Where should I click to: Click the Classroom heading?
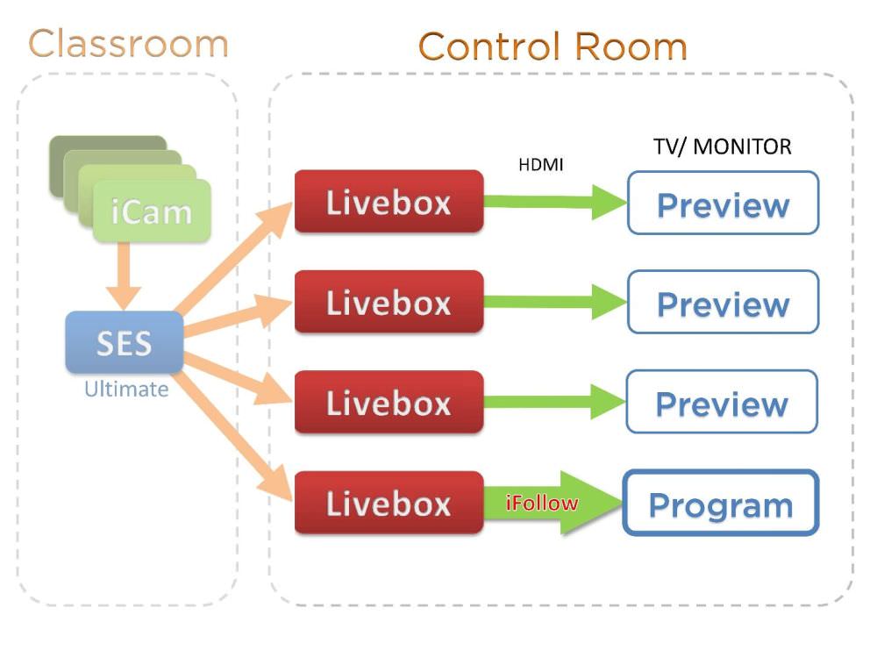tap(128, 44)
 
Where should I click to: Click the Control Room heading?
tap(553, 46)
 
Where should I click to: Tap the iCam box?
tap(152, 211)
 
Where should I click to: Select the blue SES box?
tap(124, 342)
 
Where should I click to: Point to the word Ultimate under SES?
tap(125, 390)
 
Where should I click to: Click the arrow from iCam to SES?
tap(129, 274)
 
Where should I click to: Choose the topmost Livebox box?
tap(389, 202)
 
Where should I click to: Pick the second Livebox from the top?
tap(389, 303)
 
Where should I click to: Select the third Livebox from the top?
tap(389, 403)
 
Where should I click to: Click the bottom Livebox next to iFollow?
tap(389, 503)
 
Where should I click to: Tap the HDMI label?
tap(540, 164)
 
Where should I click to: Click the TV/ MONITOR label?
tap(722, 146)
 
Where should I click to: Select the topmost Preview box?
tap(723, 204)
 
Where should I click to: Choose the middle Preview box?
tap(723, 303)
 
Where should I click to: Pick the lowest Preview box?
tap(723, 403)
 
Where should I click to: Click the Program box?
tap(720, 504)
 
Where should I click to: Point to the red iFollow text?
tap(542, 504)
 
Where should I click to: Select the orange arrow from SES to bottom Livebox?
tap(237, 431)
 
